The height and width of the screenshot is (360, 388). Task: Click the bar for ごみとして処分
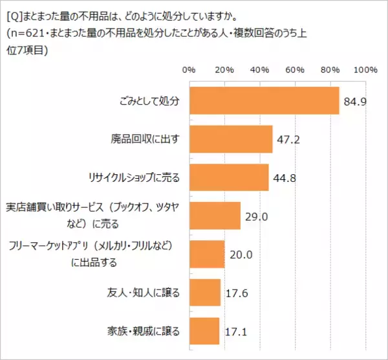click(x=264, y=100)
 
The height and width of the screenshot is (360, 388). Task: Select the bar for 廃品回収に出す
click(x=231, y=139)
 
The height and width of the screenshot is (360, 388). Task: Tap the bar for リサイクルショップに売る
click(x=229, y=177)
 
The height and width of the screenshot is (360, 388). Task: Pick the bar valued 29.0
click(x=215, y=216)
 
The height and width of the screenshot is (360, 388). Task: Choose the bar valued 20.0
click(x=207, y=254)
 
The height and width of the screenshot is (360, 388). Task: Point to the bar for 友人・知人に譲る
click(x=205, y=292)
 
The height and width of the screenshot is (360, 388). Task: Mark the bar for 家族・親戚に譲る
click(x=204, y=330)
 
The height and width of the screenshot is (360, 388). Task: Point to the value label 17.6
click(x=236, y=293)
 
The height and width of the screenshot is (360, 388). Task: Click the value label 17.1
click(x=235, y=332)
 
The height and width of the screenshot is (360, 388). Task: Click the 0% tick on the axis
click(x=189, y=69)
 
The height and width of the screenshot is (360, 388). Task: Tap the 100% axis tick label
click(x=365, y=69)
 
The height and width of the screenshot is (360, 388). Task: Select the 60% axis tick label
click(x=296, y=69)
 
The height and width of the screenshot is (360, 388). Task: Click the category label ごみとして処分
click(x=149, y=101)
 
